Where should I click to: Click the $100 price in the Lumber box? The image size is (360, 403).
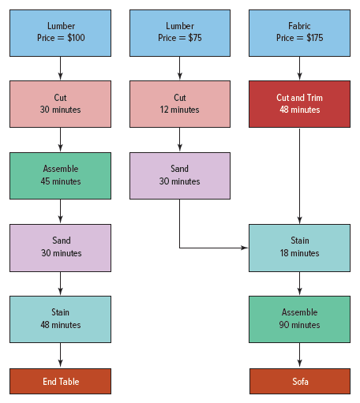[76, 38]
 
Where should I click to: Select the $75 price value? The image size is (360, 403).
[195, 38]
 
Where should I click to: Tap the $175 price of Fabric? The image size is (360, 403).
[315, 38]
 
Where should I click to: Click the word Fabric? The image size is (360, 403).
[299, 26]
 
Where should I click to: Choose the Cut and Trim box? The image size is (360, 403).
[299, 104]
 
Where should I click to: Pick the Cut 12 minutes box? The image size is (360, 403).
[180, 104]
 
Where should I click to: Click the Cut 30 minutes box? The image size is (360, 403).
[60, 104]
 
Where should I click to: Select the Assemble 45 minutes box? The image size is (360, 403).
[60, 176]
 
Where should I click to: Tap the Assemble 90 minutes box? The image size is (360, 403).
[299, 319]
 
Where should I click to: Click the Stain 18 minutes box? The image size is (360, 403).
[299, 248]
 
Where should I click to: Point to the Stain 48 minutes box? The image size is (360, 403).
[60, 319]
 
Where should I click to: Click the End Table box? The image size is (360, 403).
[60, 381]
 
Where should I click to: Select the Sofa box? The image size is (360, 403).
[300, 381]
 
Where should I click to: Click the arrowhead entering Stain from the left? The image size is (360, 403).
[245, 248]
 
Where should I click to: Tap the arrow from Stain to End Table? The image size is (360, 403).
[60, 355]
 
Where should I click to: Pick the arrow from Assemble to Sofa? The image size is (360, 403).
[299, 355]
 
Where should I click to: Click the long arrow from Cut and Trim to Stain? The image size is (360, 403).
[299, 176]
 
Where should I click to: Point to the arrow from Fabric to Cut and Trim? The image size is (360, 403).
[299, 68]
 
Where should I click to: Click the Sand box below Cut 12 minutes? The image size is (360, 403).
[180, 176]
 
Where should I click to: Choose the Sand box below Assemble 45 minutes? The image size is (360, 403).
[60, 248]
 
